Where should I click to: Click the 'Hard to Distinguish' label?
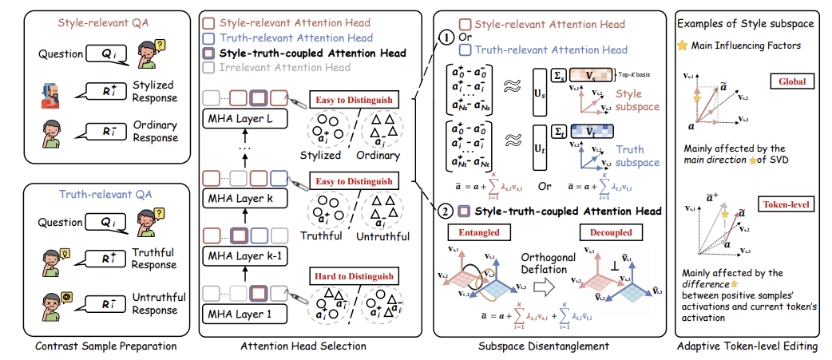coord(352,276)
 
